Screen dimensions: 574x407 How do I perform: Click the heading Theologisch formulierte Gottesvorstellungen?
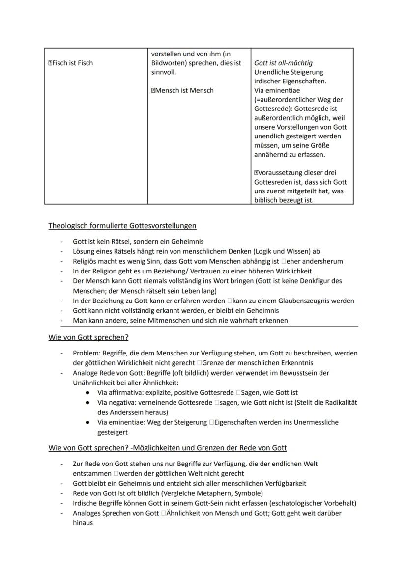[x=122, y=226]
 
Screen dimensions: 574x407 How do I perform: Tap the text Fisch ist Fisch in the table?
[x=73, y=63]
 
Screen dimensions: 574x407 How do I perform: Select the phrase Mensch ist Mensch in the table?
[x=185, y=90]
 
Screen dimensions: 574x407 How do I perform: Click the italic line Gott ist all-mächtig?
[x=283, y=63]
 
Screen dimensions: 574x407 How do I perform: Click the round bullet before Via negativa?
[x=87, y=403]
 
